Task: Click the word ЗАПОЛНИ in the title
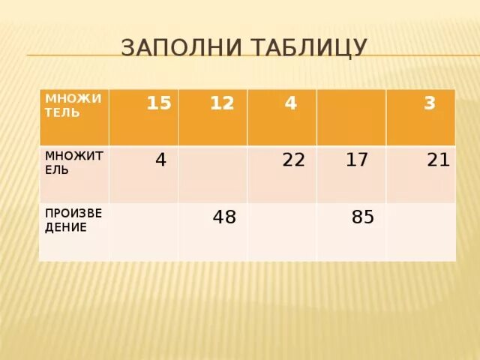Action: coord(175,48)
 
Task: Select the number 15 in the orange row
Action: coord(159,103)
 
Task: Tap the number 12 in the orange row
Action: coord(222,103)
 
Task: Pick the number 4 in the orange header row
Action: coord(290,103)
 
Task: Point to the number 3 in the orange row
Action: coord(429,103)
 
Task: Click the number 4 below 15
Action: coord(160,160)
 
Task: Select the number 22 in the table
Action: coord(293,160)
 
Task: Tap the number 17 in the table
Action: coord(357,160)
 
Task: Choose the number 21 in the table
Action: coord(437,160)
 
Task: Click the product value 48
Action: coord(224,217)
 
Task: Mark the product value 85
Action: coord(363,217)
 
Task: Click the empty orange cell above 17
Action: coord(351,117)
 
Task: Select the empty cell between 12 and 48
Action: coord(212,174)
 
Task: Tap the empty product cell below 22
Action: coord(282,232)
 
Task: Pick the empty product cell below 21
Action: coord(421,232)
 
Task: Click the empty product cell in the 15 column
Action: coord(143,232)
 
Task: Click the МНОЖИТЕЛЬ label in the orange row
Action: coord(67,106)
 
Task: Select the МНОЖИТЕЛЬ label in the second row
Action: coord(67,162)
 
